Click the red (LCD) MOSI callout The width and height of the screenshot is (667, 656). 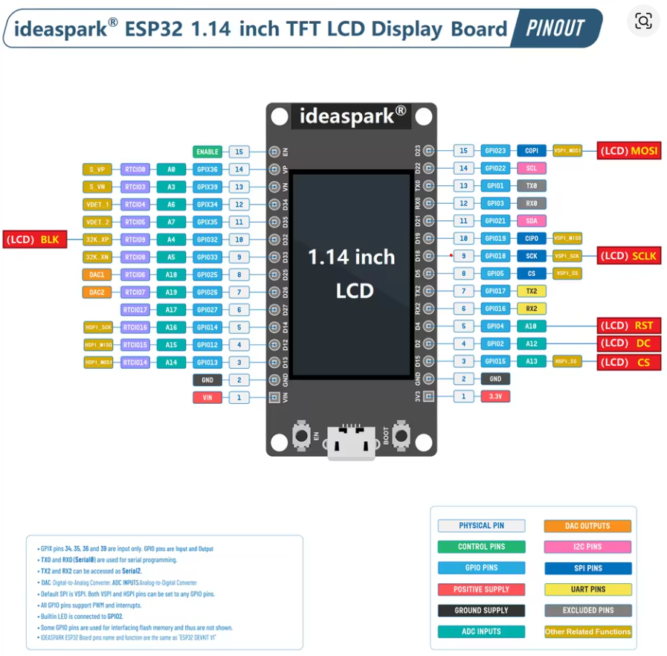(628, 150)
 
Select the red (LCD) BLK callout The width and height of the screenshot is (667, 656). (35, 239)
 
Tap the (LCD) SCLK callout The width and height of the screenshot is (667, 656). (628, 256)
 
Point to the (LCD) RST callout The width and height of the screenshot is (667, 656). (628, 326)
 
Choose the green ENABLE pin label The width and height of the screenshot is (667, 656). (207, 152)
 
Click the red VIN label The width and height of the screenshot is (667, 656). (207, 398)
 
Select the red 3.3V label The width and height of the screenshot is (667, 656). (495, 396)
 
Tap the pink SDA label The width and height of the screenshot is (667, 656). (531, 221)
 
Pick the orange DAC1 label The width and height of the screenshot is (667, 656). (97, 274)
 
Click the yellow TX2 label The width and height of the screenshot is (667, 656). (531, 291)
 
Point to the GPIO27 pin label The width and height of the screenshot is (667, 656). (207, 309)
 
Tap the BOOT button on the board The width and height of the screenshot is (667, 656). (402, 433)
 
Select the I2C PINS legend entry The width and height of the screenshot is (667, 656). (587, 547)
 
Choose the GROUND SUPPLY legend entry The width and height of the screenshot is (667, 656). (481, 611)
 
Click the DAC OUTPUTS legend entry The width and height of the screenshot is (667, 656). (587, 526)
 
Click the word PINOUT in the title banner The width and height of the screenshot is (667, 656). (555, 28)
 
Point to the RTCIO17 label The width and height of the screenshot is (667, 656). (135, 309)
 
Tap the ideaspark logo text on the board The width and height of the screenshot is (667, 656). (352, 115)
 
